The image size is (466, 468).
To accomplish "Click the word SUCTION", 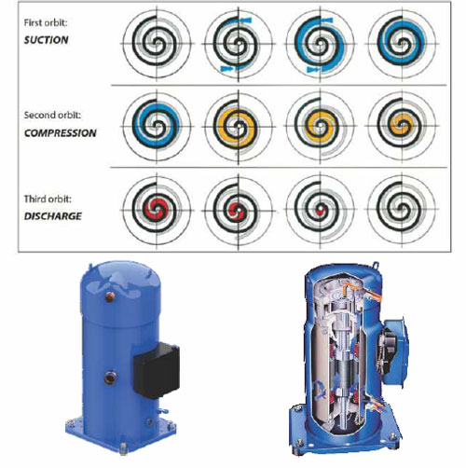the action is pyautogui.click(x=47, y=40).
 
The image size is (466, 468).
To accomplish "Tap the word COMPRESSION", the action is pyautogui.click(x=61, y=133).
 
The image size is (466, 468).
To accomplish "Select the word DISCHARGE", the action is pyautogui.click(x=53, y=216).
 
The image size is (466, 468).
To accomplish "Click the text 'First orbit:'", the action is pyautogui.click(x=46, y=22).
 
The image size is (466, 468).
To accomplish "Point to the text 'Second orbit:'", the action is pyautogui.click(x=52, y=116).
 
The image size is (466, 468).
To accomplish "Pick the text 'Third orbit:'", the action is pyautogui.click(x=48, y=199).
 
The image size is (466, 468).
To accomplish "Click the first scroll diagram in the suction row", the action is pyautogui.click(x=157, y=44).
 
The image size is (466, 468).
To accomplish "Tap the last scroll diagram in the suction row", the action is pyautogui.click(x=403, y=44).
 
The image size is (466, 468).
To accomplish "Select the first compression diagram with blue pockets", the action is pyautogui.click(x=157, y=126).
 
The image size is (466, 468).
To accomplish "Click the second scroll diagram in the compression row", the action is pyautogui.click(x=239, y=126).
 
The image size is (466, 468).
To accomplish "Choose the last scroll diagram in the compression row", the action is pyautogui.click(x=403, y=126).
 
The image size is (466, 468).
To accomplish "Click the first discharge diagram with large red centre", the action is pyautogui.click(x=157, y=210).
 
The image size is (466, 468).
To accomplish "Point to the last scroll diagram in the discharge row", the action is pyautogui.click(x=403, y=210).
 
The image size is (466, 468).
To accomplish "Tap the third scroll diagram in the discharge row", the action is pyautogui.click(x=320, y=210).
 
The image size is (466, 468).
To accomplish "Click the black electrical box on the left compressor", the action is pyautogui.click(x=157, y=370).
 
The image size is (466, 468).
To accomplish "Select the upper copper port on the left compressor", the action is pyautogui.click(x=110, y=296).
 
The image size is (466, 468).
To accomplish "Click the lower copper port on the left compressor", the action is pyautogui.click(x=110, y=378).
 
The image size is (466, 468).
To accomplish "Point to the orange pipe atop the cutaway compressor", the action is pyautogui.click(x=361, y=290).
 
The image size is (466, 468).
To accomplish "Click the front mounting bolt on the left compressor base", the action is pyautogui.click(x=123, y=448).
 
